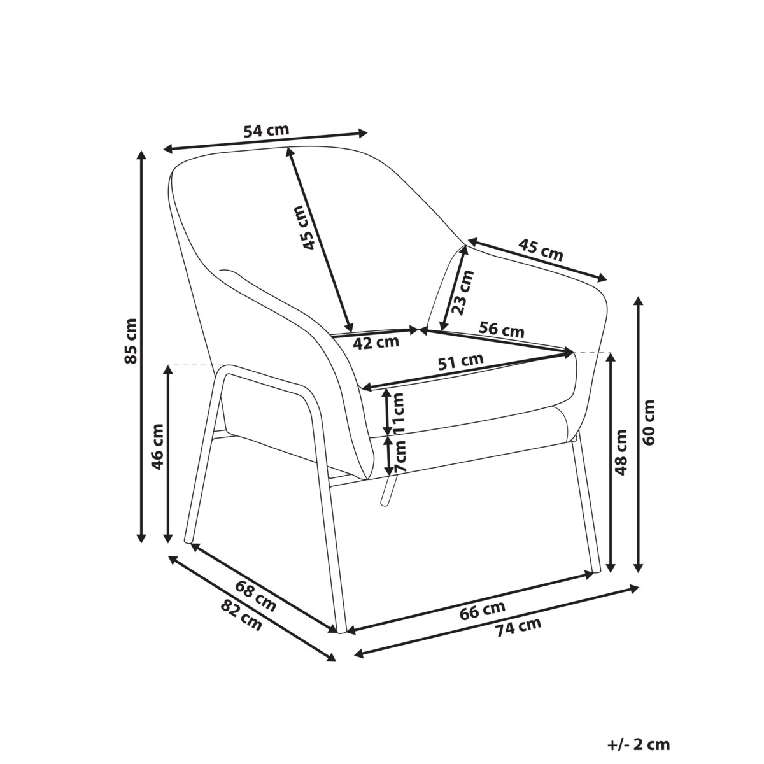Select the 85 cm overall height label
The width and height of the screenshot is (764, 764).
pyautogui.click(x=131, y=341)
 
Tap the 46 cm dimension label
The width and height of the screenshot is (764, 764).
pyautogui.click(x=157, y=447)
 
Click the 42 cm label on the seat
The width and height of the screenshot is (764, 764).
pyautogui.click(x=376, y=342)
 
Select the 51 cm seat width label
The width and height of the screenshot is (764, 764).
pyautogui.click(x=461, y=361)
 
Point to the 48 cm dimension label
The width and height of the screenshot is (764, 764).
pyautogui.click(x=621, y=452)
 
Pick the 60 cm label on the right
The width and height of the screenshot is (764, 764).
pyautogui.click(x=649, y=423)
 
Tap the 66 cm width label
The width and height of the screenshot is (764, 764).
pyautogui.click(x=483, y=611)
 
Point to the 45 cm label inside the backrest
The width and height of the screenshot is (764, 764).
pyautogui.click(x=306, y=227)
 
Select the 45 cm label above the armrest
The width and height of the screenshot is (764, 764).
pyautogui.click(x=541, y=250)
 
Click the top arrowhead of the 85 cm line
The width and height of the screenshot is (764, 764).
pyautogui.click(x=141, y=155)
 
